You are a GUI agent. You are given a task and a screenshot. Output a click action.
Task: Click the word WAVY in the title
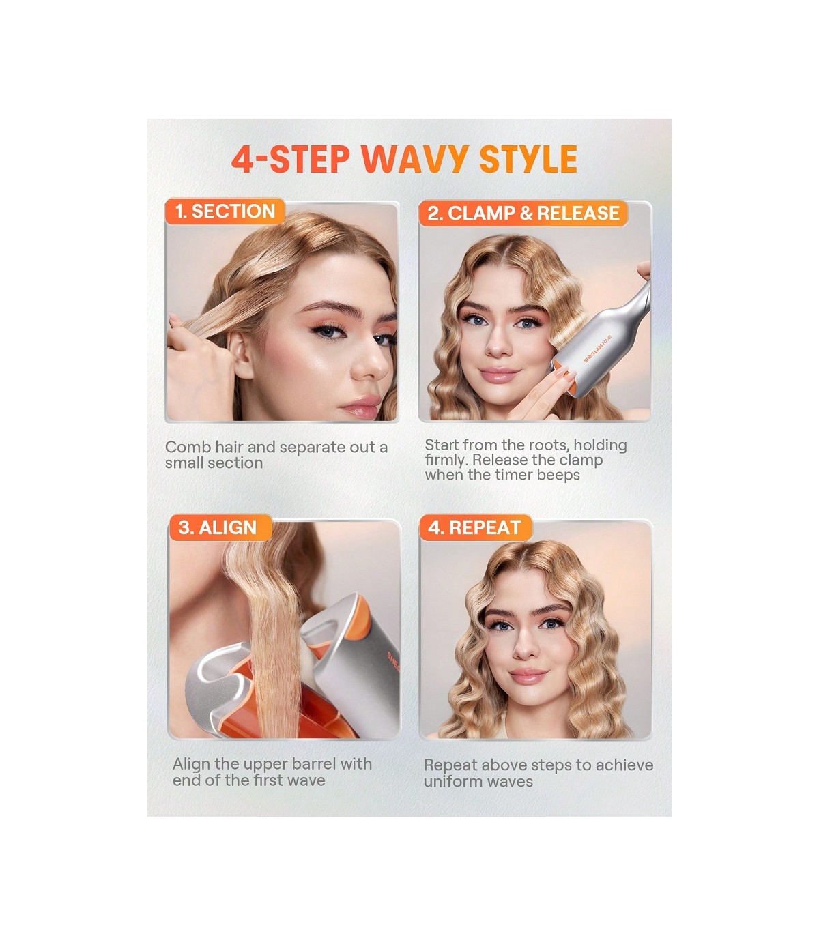coord(416,159)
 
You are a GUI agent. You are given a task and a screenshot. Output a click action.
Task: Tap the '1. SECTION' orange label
coord(225,211)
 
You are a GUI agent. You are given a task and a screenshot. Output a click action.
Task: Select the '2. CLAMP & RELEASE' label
coord(523,213)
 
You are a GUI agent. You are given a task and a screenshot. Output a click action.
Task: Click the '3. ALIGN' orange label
coord(220,527)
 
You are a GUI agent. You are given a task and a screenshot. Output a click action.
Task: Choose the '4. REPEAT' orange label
coord(476,527)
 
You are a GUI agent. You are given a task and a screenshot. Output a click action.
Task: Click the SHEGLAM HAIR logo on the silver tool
coord(597,349)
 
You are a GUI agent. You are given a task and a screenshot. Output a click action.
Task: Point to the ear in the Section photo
coord(241,355)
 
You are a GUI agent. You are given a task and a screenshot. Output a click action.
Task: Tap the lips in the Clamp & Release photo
coord(498,375)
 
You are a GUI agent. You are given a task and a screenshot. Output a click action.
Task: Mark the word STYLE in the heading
coord(528,159)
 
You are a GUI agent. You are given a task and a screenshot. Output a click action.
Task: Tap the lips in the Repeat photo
coord(528,675)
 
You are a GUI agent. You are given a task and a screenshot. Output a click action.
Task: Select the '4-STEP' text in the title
coord(291,159)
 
